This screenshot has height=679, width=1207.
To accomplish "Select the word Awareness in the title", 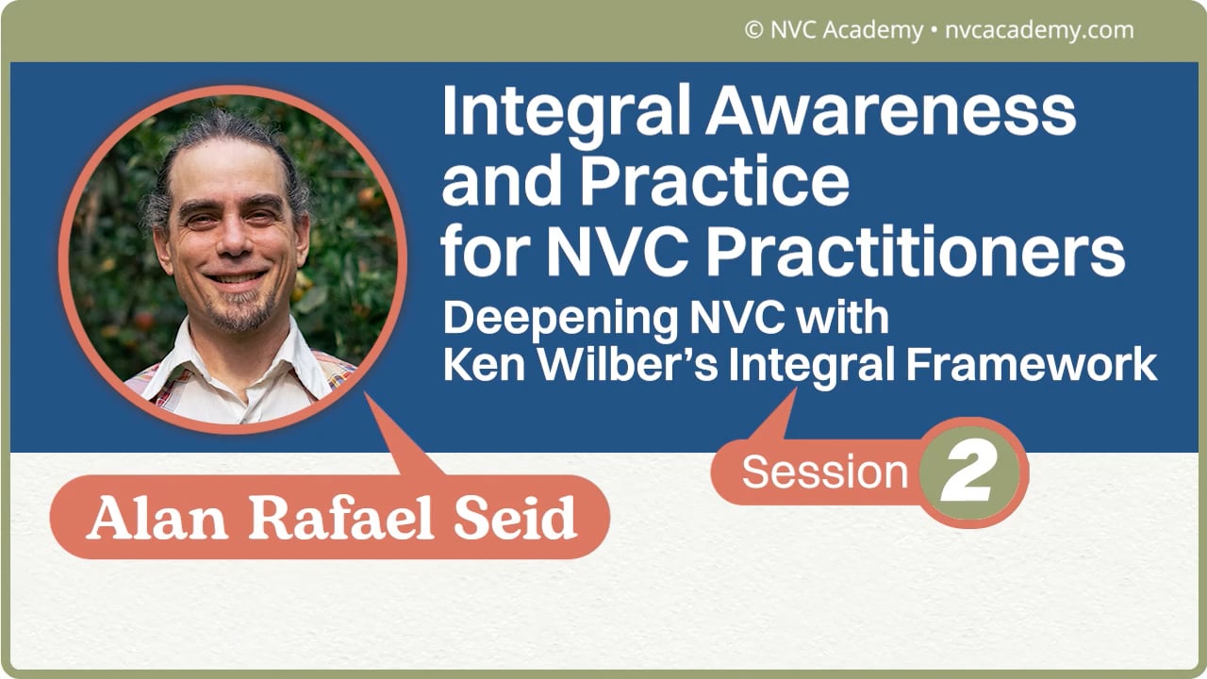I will pyautogui.click(x=891, y=113).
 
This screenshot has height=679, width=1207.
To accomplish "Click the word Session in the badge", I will pyautogui.click(x=824, y=472).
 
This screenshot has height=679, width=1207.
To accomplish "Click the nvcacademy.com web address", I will pyautogui.click(x=1037, y=30).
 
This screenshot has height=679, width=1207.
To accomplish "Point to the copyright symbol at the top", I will pyautogui.click(x=753, y=30).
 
